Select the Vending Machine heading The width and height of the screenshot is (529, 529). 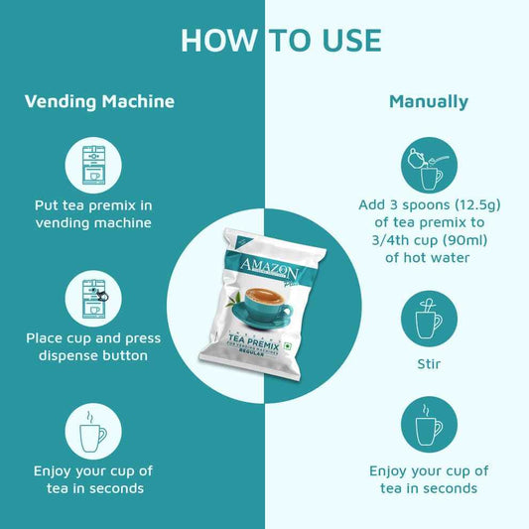pos(99,101)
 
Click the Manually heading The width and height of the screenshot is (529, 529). pos(429,101)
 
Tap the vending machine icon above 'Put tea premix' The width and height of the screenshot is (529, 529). pos(92,163)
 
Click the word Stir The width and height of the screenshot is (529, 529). pos(429,364)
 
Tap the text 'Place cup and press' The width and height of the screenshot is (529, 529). pos(92,338)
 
